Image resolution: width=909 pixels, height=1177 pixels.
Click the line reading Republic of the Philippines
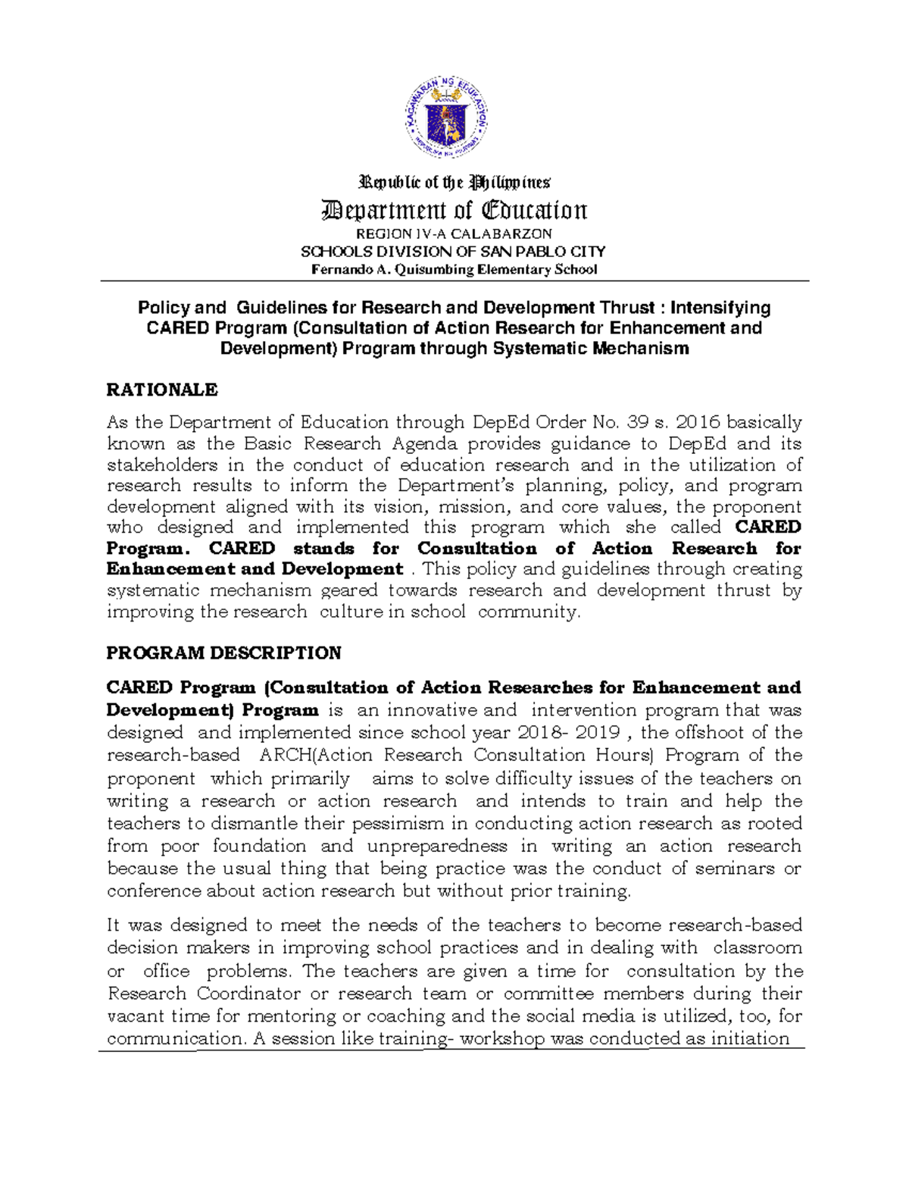(454, 183)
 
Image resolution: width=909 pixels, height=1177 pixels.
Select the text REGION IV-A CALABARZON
(454, 233)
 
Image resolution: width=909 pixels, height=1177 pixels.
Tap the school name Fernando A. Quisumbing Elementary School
(454, 270)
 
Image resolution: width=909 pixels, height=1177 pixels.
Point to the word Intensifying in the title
(720, 308)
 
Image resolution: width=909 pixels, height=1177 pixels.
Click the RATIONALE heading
(162, 390)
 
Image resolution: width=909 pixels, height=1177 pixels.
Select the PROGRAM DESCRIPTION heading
(224, 653)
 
